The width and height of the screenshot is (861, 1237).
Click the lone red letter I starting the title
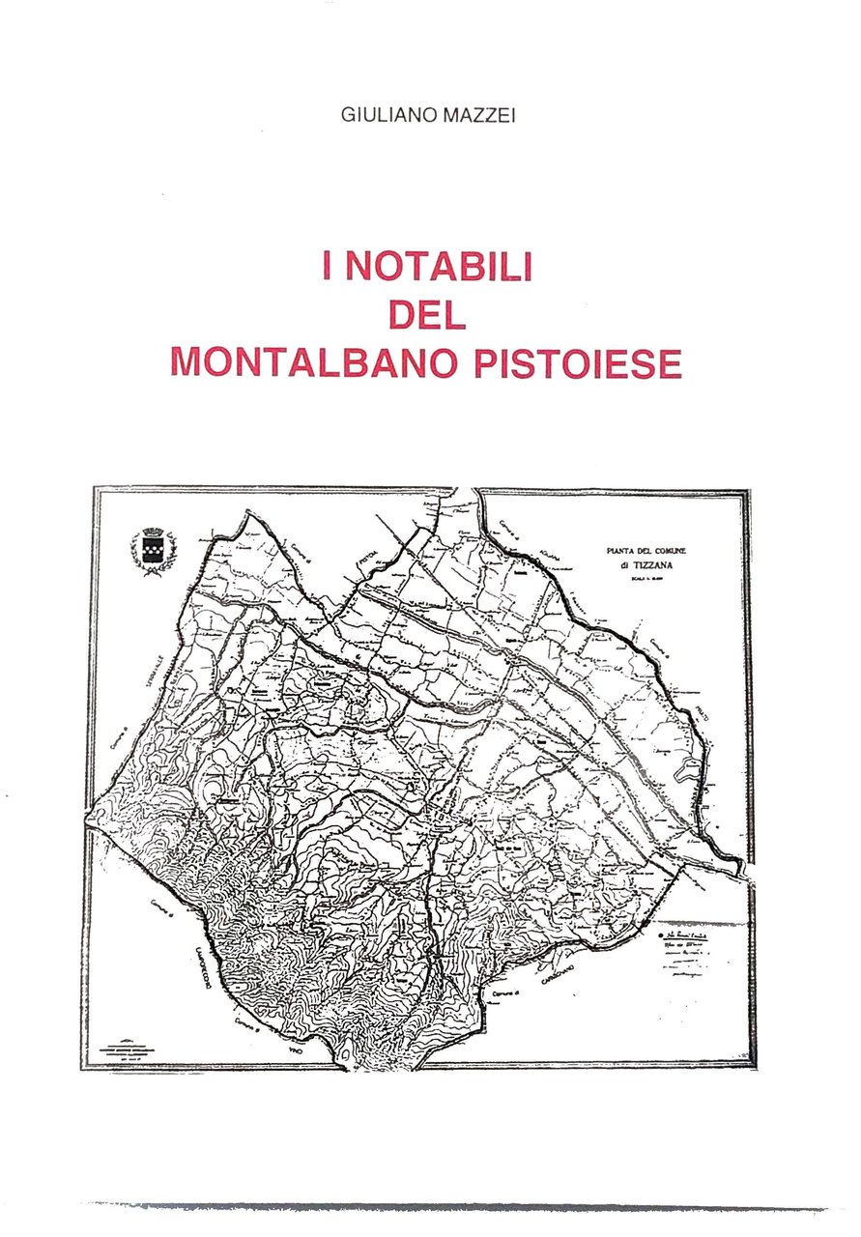(x=329, y=267)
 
